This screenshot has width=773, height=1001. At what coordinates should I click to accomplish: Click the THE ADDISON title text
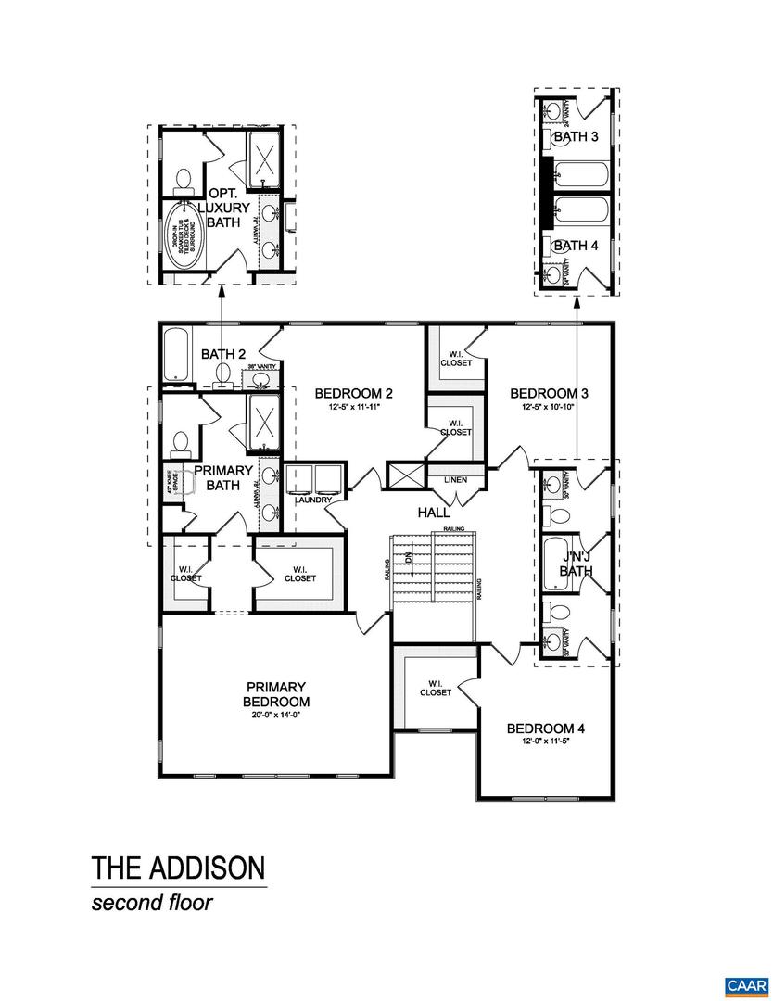pos(178,868)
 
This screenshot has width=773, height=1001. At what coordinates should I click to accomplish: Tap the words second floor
pos(151,903)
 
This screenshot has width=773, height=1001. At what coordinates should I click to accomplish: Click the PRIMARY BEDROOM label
pos(276,693)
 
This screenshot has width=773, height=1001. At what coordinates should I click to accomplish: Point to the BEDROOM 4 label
pos(546,728)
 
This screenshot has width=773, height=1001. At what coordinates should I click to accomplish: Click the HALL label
pos(434,513)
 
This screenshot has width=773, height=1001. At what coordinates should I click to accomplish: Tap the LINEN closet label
pos(455,480)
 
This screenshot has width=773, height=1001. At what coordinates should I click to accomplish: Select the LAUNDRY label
pos(313,500)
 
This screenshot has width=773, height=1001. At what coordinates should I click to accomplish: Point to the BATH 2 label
pos(223,353)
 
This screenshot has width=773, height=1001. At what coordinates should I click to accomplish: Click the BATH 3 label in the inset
pos(577,137)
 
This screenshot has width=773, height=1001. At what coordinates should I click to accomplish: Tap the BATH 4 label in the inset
pos(577,246)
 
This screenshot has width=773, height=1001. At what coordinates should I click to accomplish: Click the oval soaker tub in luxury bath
pos(181,234)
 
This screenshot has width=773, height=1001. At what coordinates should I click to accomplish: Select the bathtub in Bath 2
pos(176,355)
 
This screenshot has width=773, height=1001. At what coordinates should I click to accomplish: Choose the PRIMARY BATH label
pos(222,477)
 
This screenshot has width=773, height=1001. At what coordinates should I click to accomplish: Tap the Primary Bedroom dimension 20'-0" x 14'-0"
pos(276,715)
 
